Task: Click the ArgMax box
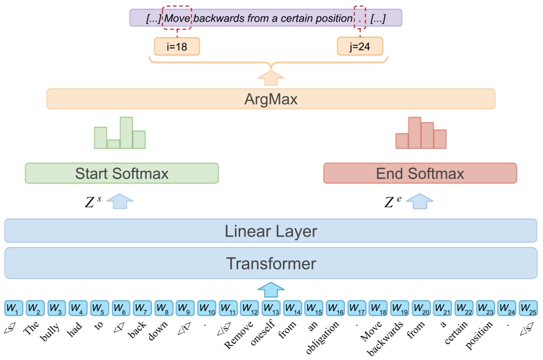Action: [x=271, y=99]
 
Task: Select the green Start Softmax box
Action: [x=122, y=173]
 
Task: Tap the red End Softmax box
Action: [x=420, y=173]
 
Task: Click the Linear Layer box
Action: [x=271, y=231]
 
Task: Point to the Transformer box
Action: [x=271, y=263]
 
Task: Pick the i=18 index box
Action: [x=177, y=47]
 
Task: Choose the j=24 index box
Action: [x=360, y=47]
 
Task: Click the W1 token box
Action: [x=13, y=307]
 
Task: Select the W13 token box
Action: [x=270, y=307]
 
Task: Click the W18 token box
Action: [x=377, y=307]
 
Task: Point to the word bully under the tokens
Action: [x=50, y=329]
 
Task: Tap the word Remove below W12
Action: [x=235, y=332]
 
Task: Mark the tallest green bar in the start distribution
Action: [x=126, y=133]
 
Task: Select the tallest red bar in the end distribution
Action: [x=414, y=133]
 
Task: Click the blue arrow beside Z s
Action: [x=121, y=201]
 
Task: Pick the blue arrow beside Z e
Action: [x=420, y=201]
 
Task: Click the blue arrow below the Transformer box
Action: [x=270, y=289]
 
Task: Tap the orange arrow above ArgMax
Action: [x=271, y=79]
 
